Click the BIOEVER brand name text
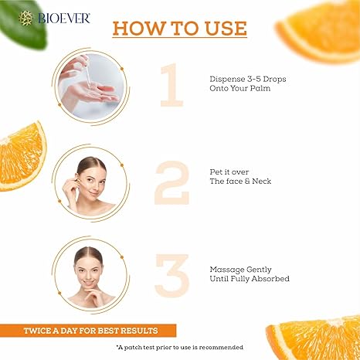pyautogui.click(x=64, y=19)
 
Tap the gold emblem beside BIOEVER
pyautogui.click(x=25, y=19)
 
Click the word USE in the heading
pyautogui.click(x=226, y=28)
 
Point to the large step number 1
pyautogui.click(x=172, y=85)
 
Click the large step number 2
pyautogui.click(x=172, y=183)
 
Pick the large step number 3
pyautogui.click(x=172, y=275)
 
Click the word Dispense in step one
pyautogui.click(x=226, y=79)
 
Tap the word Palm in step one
pyautogui.click(x=260, y=88)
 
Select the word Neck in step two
pyautogui.click(x=261, y=181)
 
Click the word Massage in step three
pyautogui.click(x=226, y=270)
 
